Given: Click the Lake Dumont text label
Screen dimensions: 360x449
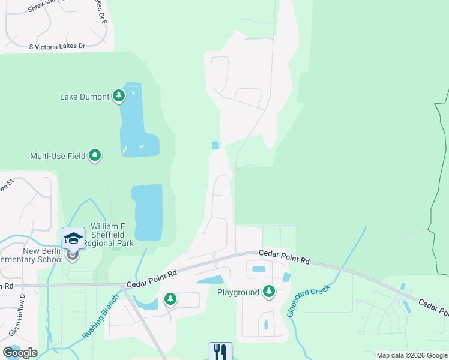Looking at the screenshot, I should tap(85, 97).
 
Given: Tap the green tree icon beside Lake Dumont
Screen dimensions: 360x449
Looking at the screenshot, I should tap(119, 96).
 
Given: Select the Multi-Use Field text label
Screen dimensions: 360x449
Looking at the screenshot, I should tap(58, 156).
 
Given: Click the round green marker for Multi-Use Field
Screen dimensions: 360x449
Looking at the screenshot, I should tap(95, 156).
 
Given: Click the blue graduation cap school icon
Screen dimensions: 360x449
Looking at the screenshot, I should tap(73, 238).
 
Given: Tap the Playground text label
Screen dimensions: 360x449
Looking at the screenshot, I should tap(239, 292).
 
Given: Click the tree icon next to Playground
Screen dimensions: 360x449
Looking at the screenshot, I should tap(269, 292).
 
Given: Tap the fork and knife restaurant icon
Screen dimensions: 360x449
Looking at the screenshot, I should tap(220, 351).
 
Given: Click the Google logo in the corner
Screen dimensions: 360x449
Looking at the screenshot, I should tap(20, 353).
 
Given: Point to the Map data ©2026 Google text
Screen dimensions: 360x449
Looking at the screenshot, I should tap(412, 355).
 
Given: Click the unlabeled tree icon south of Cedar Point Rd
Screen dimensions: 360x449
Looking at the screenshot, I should tap(170, 298).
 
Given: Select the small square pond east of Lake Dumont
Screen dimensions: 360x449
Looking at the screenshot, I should tap(215, 145).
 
